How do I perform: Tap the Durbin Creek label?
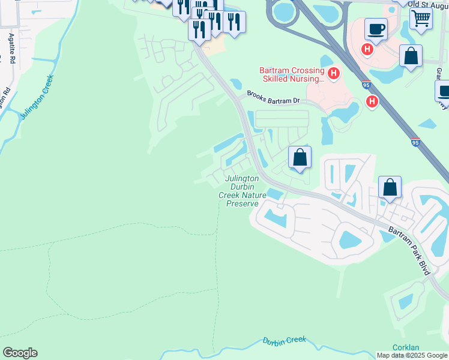[285, 341]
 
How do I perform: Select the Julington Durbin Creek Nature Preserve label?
[242, 191]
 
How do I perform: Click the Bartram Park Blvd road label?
[409, 251]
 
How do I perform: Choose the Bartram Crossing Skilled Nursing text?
[292, 74]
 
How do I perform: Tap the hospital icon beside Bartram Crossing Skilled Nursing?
[333, 74]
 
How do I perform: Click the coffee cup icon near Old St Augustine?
[376, 29]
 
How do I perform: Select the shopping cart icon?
[421, 19]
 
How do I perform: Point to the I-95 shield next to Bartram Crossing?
[366, 86]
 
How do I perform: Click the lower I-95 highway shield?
[415, 142]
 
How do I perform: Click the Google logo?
[20, 353]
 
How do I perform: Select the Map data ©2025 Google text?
[412, 355]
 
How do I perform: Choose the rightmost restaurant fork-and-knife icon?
[234, 23]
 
